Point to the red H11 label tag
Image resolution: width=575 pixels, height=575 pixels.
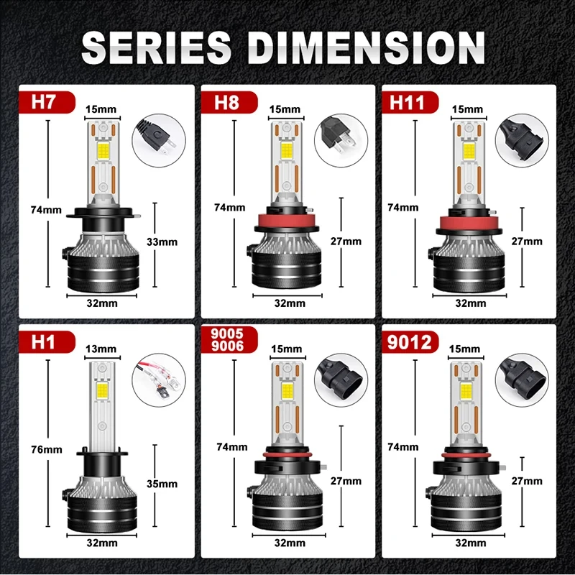click(x=408, y=102)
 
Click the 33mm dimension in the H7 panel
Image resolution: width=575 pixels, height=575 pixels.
click(x=162, y=241)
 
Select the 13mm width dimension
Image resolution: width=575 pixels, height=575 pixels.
click(x=101, y=349)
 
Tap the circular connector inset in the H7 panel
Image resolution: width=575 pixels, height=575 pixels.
click(x=159, y=137)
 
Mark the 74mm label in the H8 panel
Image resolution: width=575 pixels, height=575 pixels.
click(x=230, y=207)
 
